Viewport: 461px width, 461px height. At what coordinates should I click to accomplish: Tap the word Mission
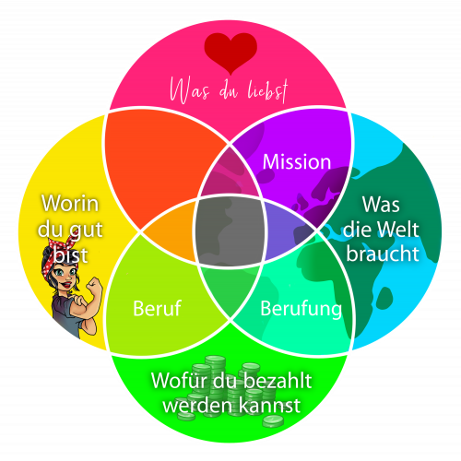[x=297, y=161]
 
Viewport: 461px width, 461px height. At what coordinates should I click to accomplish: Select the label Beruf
[x=157, y=308]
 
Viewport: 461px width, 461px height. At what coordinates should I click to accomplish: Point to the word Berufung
[x=301, y=309]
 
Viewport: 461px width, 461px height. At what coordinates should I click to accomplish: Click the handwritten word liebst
[x=268, y=90]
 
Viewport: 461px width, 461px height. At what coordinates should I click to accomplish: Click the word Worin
[x=70, y=204]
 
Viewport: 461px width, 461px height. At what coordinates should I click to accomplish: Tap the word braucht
[x=383, y=254]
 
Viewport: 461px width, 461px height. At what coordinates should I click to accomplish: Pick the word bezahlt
[x=278, y=381]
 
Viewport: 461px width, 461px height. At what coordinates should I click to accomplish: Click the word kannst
[x=269, y=405]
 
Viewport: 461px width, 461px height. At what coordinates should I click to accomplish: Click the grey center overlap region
[x=230, y=231]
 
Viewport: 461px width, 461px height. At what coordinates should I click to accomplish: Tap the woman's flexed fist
[x=94, y=285]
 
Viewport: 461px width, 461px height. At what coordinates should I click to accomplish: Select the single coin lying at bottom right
[x=273, y=420]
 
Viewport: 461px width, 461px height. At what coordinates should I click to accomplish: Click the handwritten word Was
[x=190, y=90]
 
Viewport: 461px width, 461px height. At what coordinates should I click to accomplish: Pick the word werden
[x=198, y=405]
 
